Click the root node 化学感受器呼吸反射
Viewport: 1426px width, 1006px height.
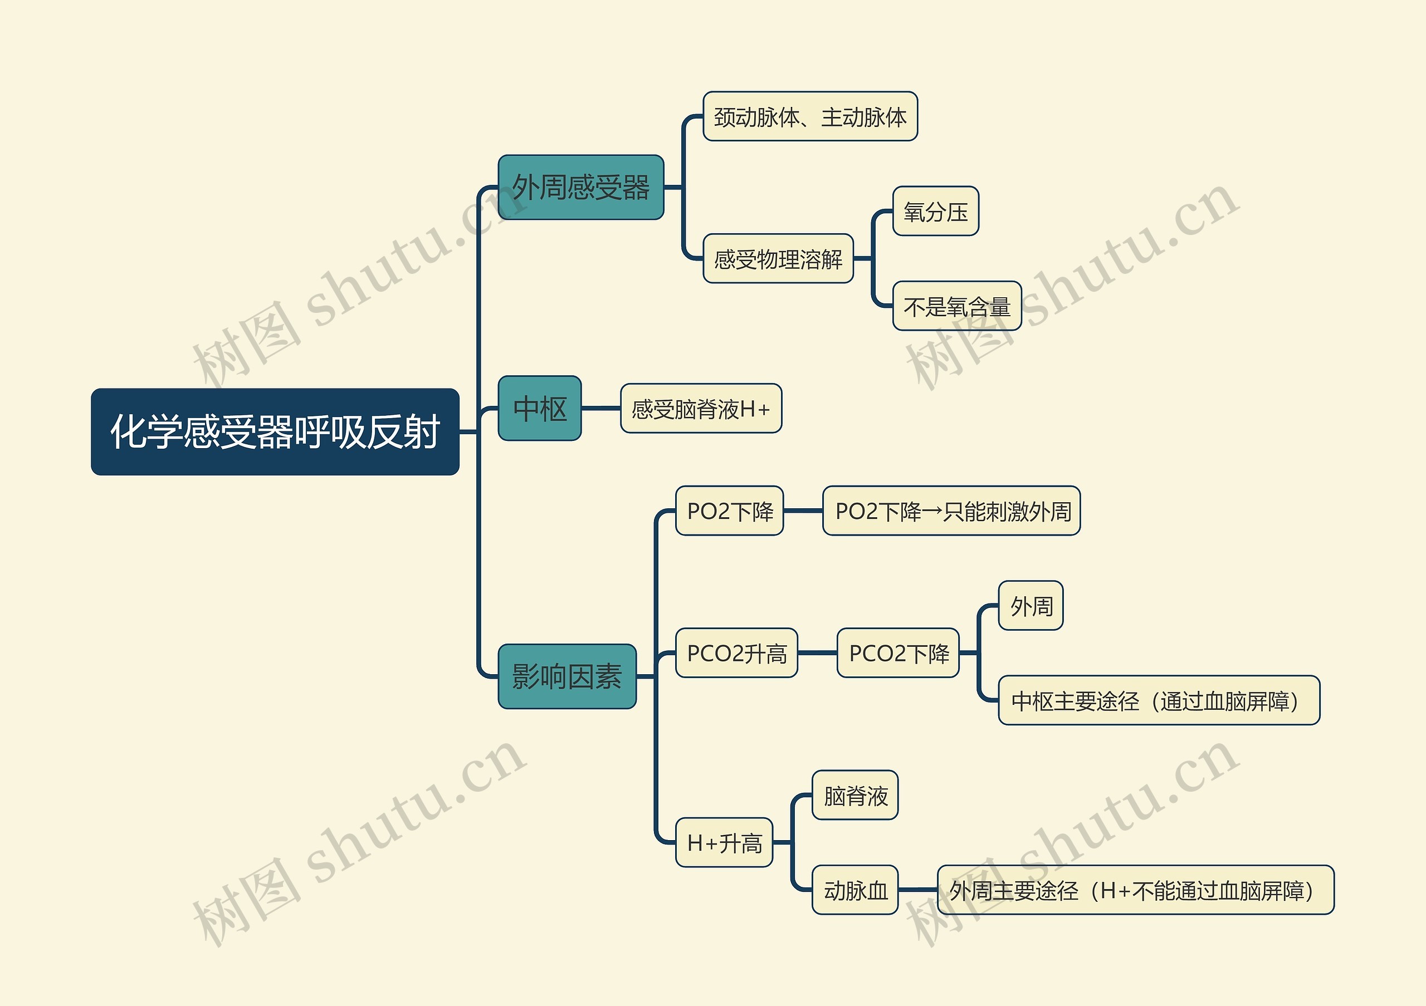coord(275,432)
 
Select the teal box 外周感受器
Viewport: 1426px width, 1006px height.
coord(581,187)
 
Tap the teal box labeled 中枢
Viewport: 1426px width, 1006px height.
coord(539,409)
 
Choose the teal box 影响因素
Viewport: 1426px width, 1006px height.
coord(567,676)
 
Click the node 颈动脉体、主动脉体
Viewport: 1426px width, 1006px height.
coord(810,117)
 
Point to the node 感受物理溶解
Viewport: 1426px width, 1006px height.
coord(778,258)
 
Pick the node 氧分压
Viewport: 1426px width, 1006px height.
coord(935,211)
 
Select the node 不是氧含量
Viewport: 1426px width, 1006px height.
coord(956,306)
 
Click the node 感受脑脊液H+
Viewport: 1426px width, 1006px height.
coord(701,409)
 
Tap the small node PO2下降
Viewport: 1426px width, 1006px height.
coord(729,511)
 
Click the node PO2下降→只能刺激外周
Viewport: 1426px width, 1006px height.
coord(951,511)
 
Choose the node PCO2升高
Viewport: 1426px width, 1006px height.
coord(736,653)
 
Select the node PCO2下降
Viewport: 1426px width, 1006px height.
coord(898,653)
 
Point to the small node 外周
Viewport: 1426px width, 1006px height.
coord(1031,606)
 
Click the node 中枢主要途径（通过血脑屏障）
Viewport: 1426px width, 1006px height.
coord(1158,700)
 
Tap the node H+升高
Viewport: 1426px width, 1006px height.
coord(724,842)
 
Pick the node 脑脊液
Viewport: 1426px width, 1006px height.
coord(854,795)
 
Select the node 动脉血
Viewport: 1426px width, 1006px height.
coord(854,890)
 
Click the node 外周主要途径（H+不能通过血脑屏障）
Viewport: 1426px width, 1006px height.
coord(1135,890)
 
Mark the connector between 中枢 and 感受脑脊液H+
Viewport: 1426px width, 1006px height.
coord(600,409)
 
